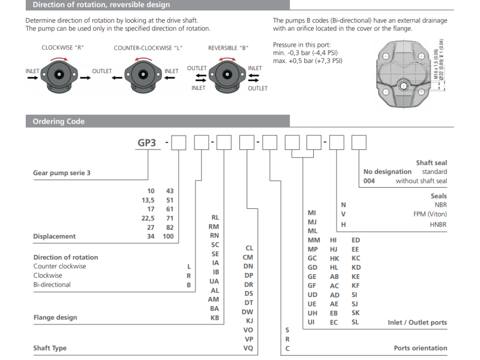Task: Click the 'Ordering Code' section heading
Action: pos(59,121)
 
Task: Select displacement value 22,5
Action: pos(147,218)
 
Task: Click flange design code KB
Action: pos(214,317)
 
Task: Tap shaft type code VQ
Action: pos(248,348)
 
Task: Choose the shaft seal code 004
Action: pos(369,181)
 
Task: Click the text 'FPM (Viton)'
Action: pos(429,214)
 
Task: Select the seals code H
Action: pos(343,224)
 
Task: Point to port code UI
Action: pos(312,322)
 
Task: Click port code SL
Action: pos(355,322)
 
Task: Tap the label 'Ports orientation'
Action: pos(420,348)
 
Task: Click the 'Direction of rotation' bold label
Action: pos(65,257)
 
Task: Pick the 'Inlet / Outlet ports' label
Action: pos(417,322)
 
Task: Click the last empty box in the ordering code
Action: pos(359,143)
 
